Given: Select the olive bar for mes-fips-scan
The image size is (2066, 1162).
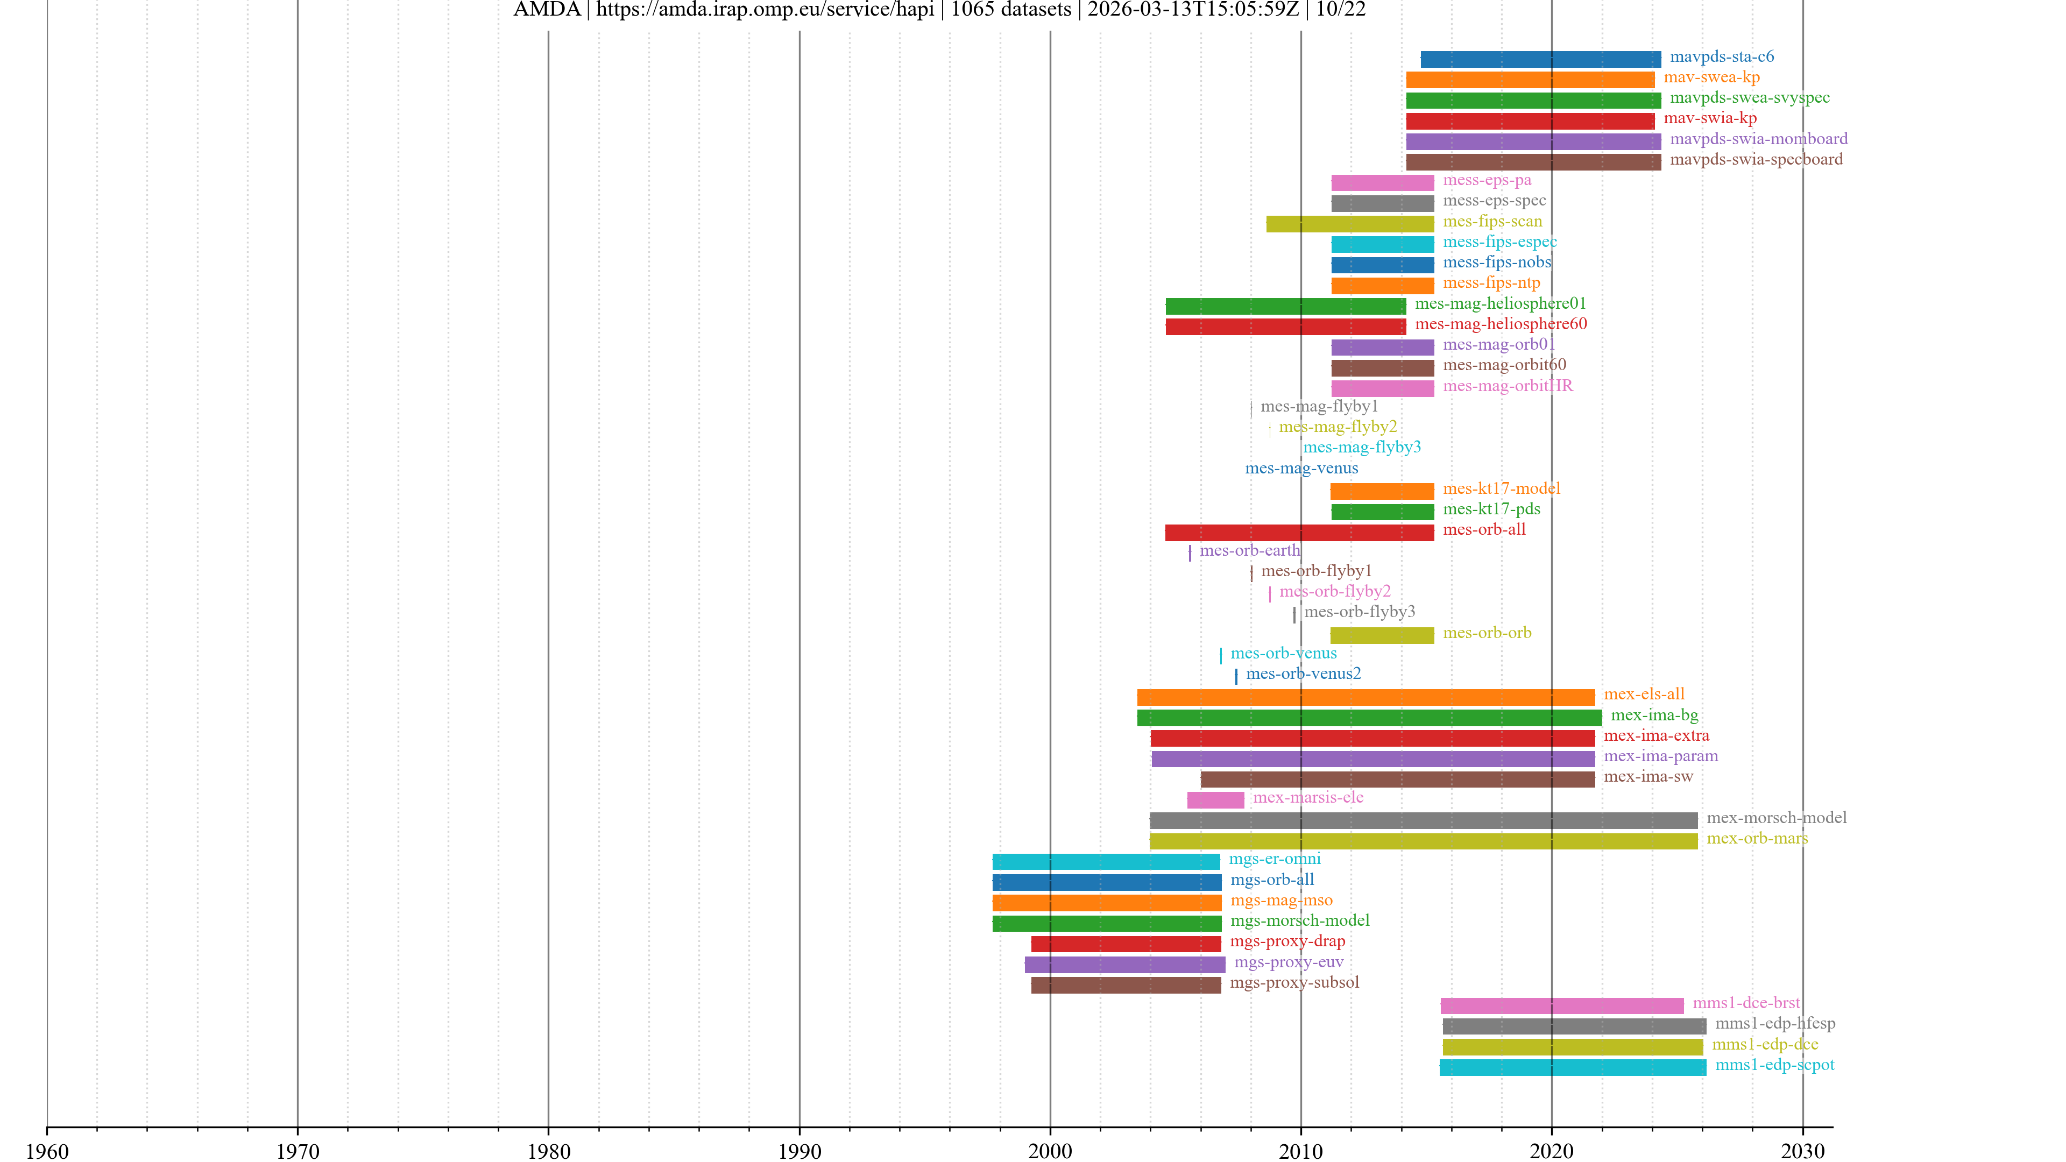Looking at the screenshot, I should (x=1350, y=224).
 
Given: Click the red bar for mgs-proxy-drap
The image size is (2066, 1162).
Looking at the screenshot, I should (x=1126, y=944).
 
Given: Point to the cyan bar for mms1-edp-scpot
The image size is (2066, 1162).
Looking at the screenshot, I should (x=1572, y=1067).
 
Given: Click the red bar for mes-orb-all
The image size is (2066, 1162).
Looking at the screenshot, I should (x=1299, y=533).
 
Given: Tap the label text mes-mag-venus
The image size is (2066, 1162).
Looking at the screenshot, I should (x=1301, y=469).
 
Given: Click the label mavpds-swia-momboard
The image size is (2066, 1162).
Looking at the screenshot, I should (x=1758, y=139).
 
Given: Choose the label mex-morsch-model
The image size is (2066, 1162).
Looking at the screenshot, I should (x=1775, y=818).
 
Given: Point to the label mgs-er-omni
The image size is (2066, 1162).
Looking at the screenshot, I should (x=1275, y=859).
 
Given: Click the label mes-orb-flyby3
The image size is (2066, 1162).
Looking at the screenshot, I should (x=1360, y=612).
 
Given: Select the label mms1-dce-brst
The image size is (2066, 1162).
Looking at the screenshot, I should (x=1745, y=1003).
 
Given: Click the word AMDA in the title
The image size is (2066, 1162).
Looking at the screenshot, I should (x=546, y=10).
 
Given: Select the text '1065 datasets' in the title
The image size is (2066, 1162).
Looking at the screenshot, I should (x=1010, y=10).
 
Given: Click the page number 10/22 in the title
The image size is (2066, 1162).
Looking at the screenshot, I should (x=1340, y=10).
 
